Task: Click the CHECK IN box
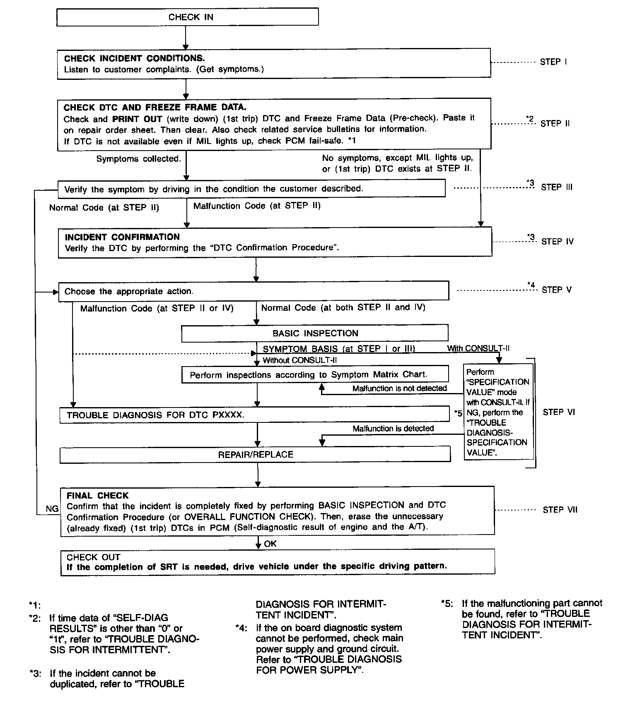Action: (187, 17)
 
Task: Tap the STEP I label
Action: (553, 62)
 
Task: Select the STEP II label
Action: (555, 123)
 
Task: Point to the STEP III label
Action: (556, 187)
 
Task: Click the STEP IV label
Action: (557, 242)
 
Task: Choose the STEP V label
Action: (556, 290)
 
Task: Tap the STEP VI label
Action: (558, 412)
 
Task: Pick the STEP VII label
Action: (560, 510)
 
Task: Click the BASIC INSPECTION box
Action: (315, 333)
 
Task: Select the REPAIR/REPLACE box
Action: (255, 454)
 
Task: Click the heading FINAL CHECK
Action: (97, 496)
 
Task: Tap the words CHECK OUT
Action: (93, 557)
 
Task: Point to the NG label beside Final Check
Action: (52, 508)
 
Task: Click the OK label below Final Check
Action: (270, 544)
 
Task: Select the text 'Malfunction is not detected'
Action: (399, 388)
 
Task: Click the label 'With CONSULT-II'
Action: (478, 348)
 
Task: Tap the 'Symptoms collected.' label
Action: (138, 159)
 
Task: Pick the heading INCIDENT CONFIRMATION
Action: (122, 237)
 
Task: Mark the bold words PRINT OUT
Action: (137, 119)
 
